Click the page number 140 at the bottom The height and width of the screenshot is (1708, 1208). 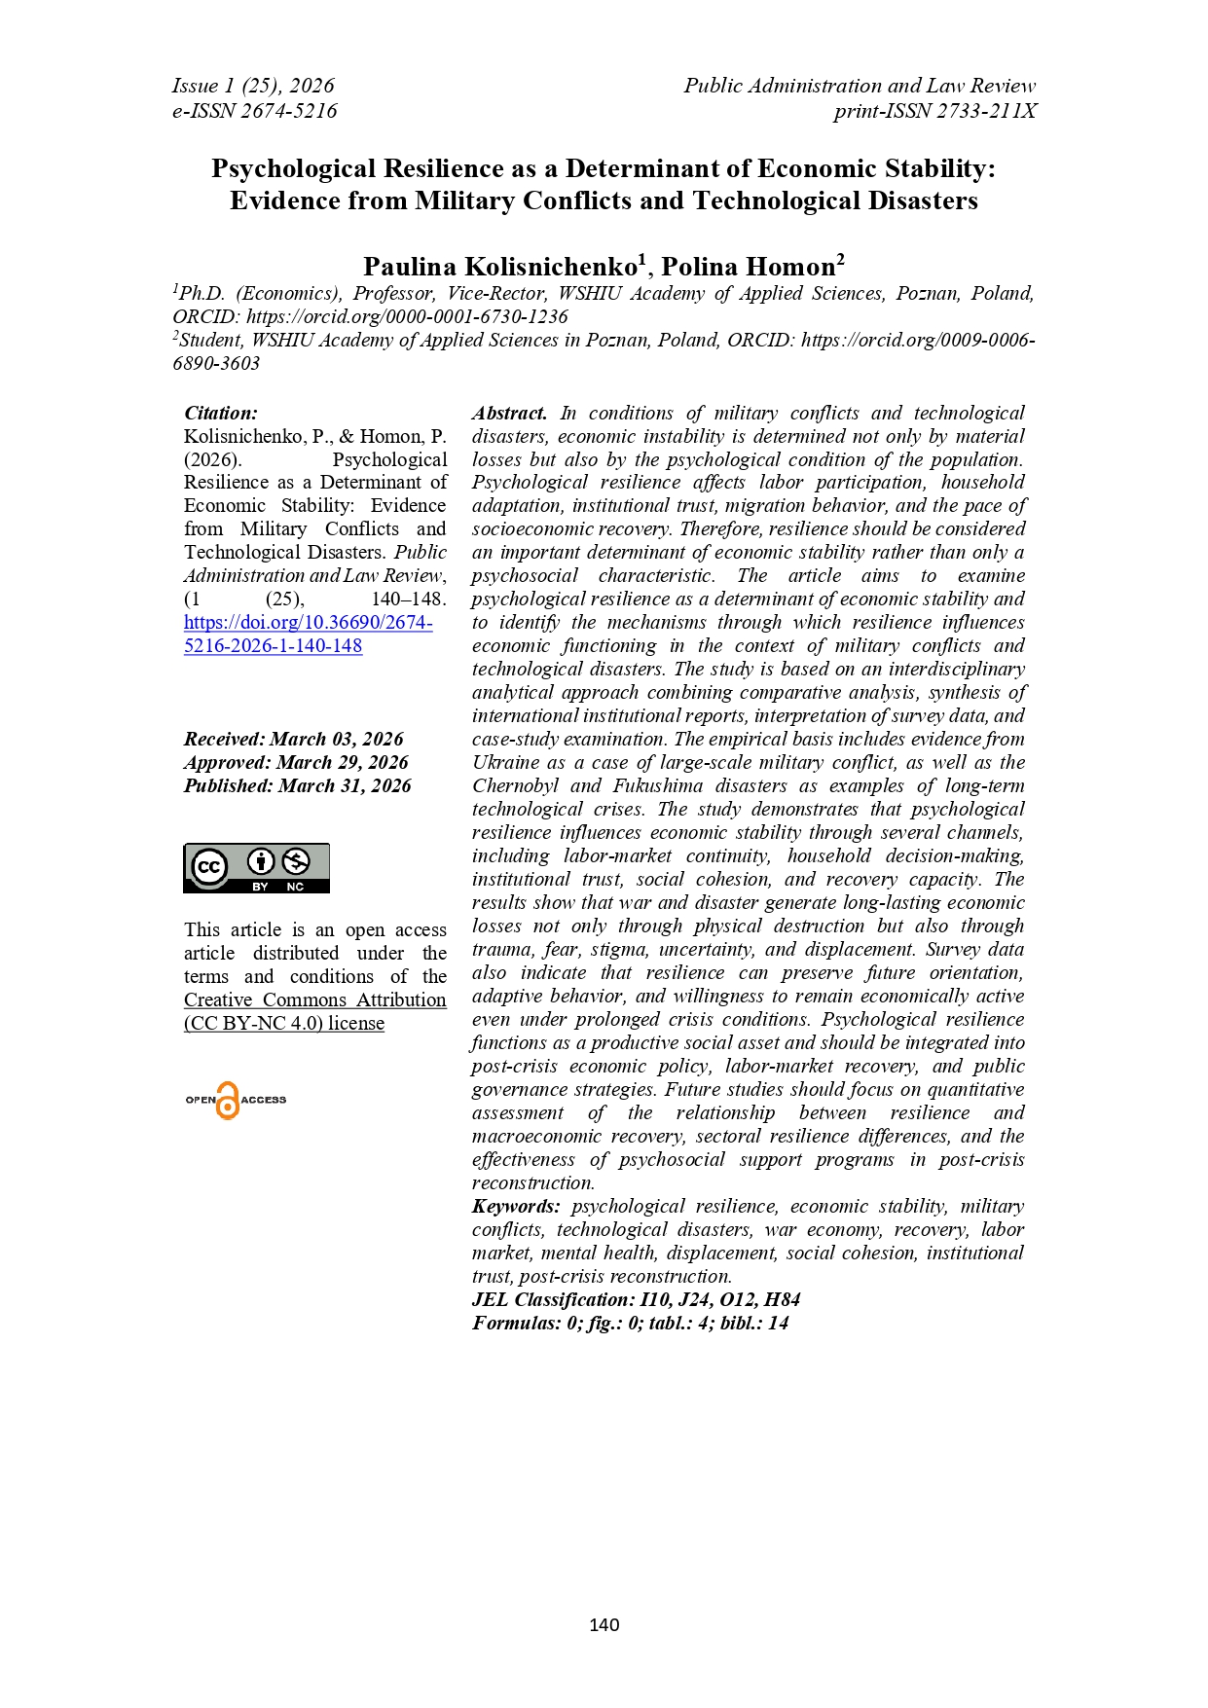(x=604, y=1624)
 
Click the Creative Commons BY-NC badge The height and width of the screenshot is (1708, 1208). (x=256, y=867)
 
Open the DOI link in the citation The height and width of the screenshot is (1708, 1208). (x=308, y=634)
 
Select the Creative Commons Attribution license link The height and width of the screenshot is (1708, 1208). (x=314, y=1011)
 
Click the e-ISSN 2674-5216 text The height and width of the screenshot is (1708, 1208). (x=255, y=111)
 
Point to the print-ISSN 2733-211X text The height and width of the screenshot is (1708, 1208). (x=934, y=111)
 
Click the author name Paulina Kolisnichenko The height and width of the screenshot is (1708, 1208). (x=500, y=267)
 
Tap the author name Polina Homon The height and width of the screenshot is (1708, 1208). (x=749, y=267)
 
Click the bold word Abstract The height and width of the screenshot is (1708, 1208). (x=509, y=413)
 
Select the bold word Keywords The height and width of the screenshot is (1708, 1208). (x=516, y=1206)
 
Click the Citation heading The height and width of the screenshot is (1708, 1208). (x=221, y=413)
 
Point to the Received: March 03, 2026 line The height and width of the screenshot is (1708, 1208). (x=293, y=739)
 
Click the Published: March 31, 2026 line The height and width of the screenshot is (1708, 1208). (x=297, y=785)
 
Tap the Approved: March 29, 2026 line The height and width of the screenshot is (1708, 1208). (x=296, y=762)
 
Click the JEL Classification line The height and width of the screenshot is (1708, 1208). (x=636, y=1299)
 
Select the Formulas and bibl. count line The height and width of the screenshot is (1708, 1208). (x=630, y=1323)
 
